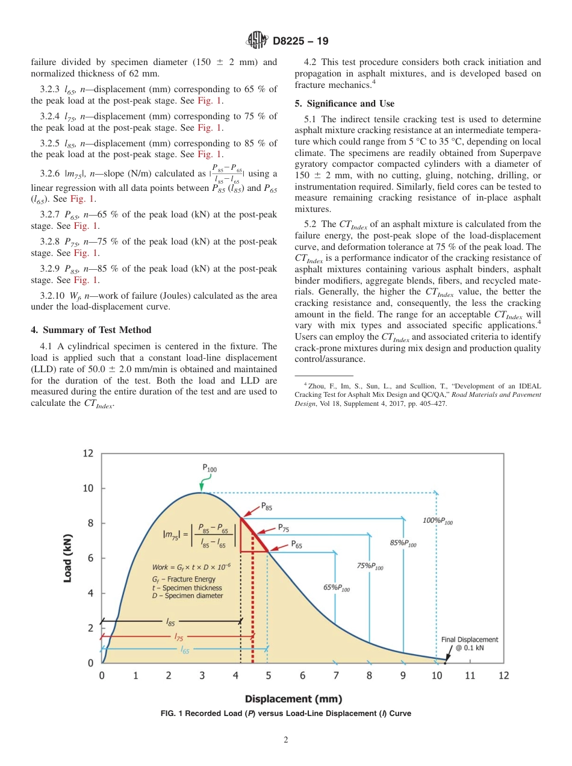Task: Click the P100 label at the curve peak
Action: coord(209,467)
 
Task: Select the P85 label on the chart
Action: coord(266,508)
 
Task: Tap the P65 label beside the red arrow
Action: coord(297,543)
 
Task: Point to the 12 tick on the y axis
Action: coord(88,453)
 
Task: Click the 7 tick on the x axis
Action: coord(336,676)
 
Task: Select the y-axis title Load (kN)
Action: coord(69,558)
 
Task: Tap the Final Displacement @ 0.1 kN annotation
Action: coord(465,644)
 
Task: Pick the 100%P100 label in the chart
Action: coord(438,521)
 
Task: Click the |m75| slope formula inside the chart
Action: coord(196,534)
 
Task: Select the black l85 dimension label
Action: coord(171,620)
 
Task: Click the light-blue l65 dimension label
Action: coord(185,649)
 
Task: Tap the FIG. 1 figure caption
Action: coord(285,714)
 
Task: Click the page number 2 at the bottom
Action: coord(286,740)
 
